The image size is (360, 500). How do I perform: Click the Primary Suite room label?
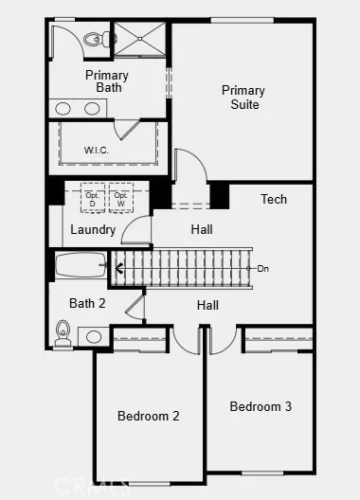point(243,98)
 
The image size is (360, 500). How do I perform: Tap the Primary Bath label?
point(106,81)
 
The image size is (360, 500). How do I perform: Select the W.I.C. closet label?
point(97,149)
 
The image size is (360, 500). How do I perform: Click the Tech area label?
point(274,199)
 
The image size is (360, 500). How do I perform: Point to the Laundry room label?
point(93,229)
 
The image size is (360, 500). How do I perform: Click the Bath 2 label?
point(86,303)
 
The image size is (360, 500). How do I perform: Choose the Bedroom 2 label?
point(149,415)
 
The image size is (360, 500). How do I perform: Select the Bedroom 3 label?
point(261,406)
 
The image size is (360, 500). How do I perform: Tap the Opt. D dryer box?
point(93,199)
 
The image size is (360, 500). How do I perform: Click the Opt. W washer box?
point(120,199)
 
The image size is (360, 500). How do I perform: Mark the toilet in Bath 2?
point(64,331)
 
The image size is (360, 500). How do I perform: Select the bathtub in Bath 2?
point(81,264)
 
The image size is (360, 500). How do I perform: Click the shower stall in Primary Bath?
point(140,40)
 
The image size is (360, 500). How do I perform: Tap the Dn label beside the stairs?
point(262,268)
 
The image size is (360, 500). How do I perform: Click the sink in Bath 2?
point(95,336)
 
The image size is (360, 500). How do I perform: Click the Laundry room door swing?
point(137,230)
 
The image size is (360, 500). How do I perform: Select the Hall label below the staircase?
point(207,305)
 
